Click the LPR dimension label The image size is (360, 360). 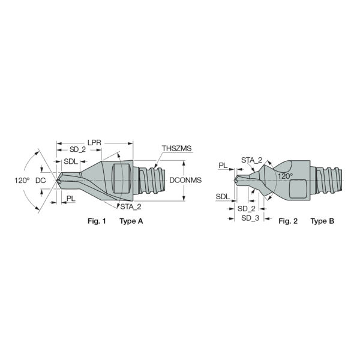94,143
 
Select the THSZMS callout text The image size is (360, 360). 176,148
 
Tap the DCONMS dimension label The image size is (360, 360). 185,180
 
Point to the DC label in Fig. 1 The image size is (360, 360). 41,181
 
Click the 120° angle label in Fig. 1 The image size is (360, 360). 22,181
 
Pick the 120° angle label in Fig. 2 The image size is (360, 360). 286,176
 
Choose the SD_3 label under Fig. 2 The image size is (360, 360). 250,218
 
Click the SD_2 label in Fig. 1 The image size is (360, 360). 77,149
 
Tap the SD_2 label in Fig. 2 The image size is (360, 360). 247,209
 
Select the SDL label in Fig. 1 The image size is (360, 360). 71,161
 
